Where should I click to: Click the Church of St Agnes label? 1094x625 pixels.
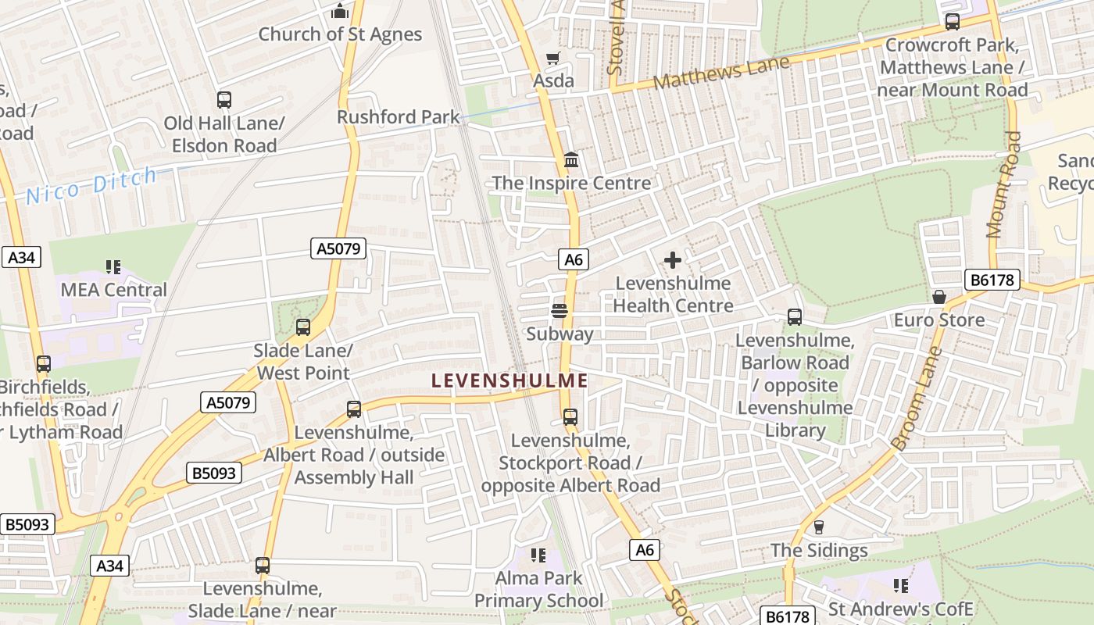click(x=340, y=34)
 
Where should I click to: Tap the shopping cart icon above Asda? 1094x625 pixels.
click(x=553, y=58)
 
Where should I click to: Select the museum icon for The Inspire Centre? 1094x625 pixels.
click(x=571, y=159)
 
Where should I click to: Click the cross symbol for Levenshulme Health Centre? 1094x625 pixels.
click(x=672, y=260)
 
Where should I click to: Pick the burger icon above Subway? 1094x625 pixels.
click(x=559, y=311)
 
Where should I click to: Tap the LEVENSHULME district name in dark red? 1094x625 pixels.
click(x=509, y=381)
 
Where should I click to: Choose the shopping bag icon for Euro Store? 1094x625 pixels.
click(x=939, y=297)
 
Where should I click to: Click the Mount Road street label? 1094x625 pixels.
click(x=1004, y=184)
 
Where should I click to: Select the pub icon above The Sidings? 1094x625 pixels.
click(x=819, y=527)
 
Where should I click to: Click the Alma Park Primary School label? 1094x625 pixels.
click(x=539, y=589)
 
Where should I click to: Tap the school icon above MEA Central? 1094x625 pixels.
click(x=113, y=267)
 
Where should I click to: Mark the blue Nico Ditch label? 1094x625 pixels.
click(x=91, y=186)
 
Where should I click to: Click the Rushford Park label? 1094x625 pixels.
click(x=399, y=117)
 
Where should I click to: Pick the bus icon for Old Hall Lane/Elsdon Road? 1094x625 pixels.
click(x=224, y=100)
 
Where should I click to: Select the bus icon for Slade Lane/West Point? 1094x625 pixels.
click(x=303, y=327)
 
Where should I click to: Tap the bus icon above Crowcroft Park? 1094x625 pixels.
click(x=952, y=22)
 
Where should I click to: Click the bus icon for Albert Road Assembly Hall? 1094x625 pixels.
click(x=354, y=409)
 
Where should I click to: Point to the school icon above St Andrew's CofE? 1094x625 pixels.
click(x=900, y=585)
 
